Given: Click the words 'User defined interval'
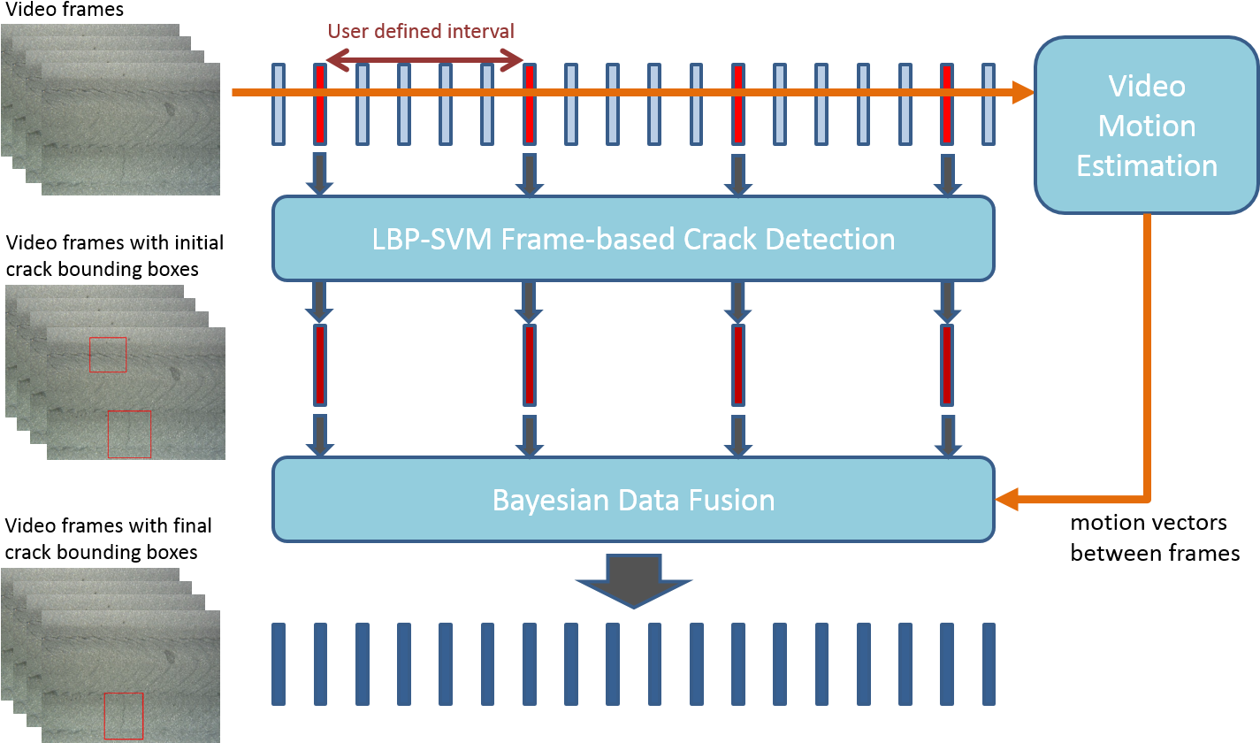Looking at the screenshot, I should tap(421, 31).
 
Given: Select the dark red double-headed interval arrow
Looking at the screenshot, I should tap(424, 60).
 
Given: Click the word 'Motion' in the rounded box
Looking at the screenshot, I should tap(1147, 126).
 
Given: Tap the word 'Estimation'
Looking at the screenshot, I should tap(1147, 165).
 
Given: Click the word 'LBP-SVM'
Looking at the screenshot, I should tap(431, 238).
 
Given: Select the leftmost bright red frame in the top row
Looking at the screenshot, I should tap(320, 103).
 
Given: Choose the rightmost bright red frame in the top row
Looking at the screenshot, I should tap(947, 103).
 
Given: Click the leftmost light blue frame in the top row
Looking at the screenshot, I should tap(279, 103).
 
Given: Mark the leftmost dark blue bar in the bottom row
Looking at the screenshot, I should tap(279, 663).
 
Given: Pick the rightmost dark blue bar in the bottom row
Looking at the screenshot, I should tap(989, 663).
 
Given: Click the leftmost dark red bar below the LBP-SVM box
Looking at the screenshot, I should tap(320, 364).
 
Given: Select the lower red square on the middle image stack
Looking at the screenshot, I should tap(129, 434).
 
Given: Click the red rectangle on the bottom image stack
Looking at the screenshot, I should tap(123, 716).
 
